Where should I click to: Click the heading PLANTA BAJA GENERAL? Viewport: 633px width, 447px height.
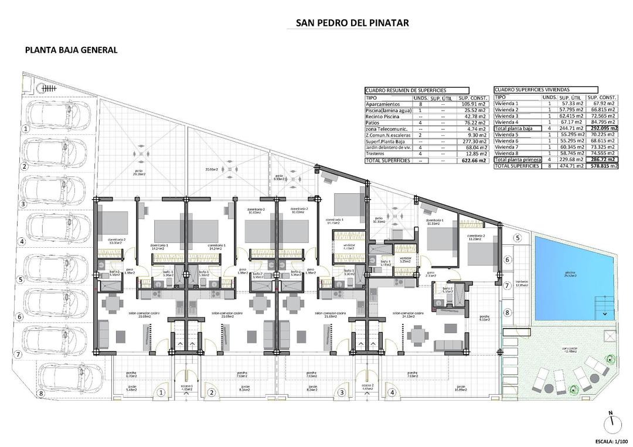(71, 50)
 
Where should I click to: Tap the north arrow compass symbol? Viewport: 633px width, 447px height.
(611, 421)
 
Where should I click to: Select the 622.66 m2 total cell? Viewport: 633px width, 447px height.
(472, 160)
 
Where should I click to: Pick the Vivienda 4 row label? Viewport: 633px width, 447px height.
(507, 122)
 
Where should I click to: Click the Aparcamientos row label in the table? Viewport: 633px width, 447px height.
(383, 104)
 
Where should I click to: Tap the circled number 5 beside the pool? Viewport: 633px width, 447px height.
(518, 237)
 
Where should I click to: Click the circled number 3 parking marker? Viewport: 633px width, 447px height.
(23, 204)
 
